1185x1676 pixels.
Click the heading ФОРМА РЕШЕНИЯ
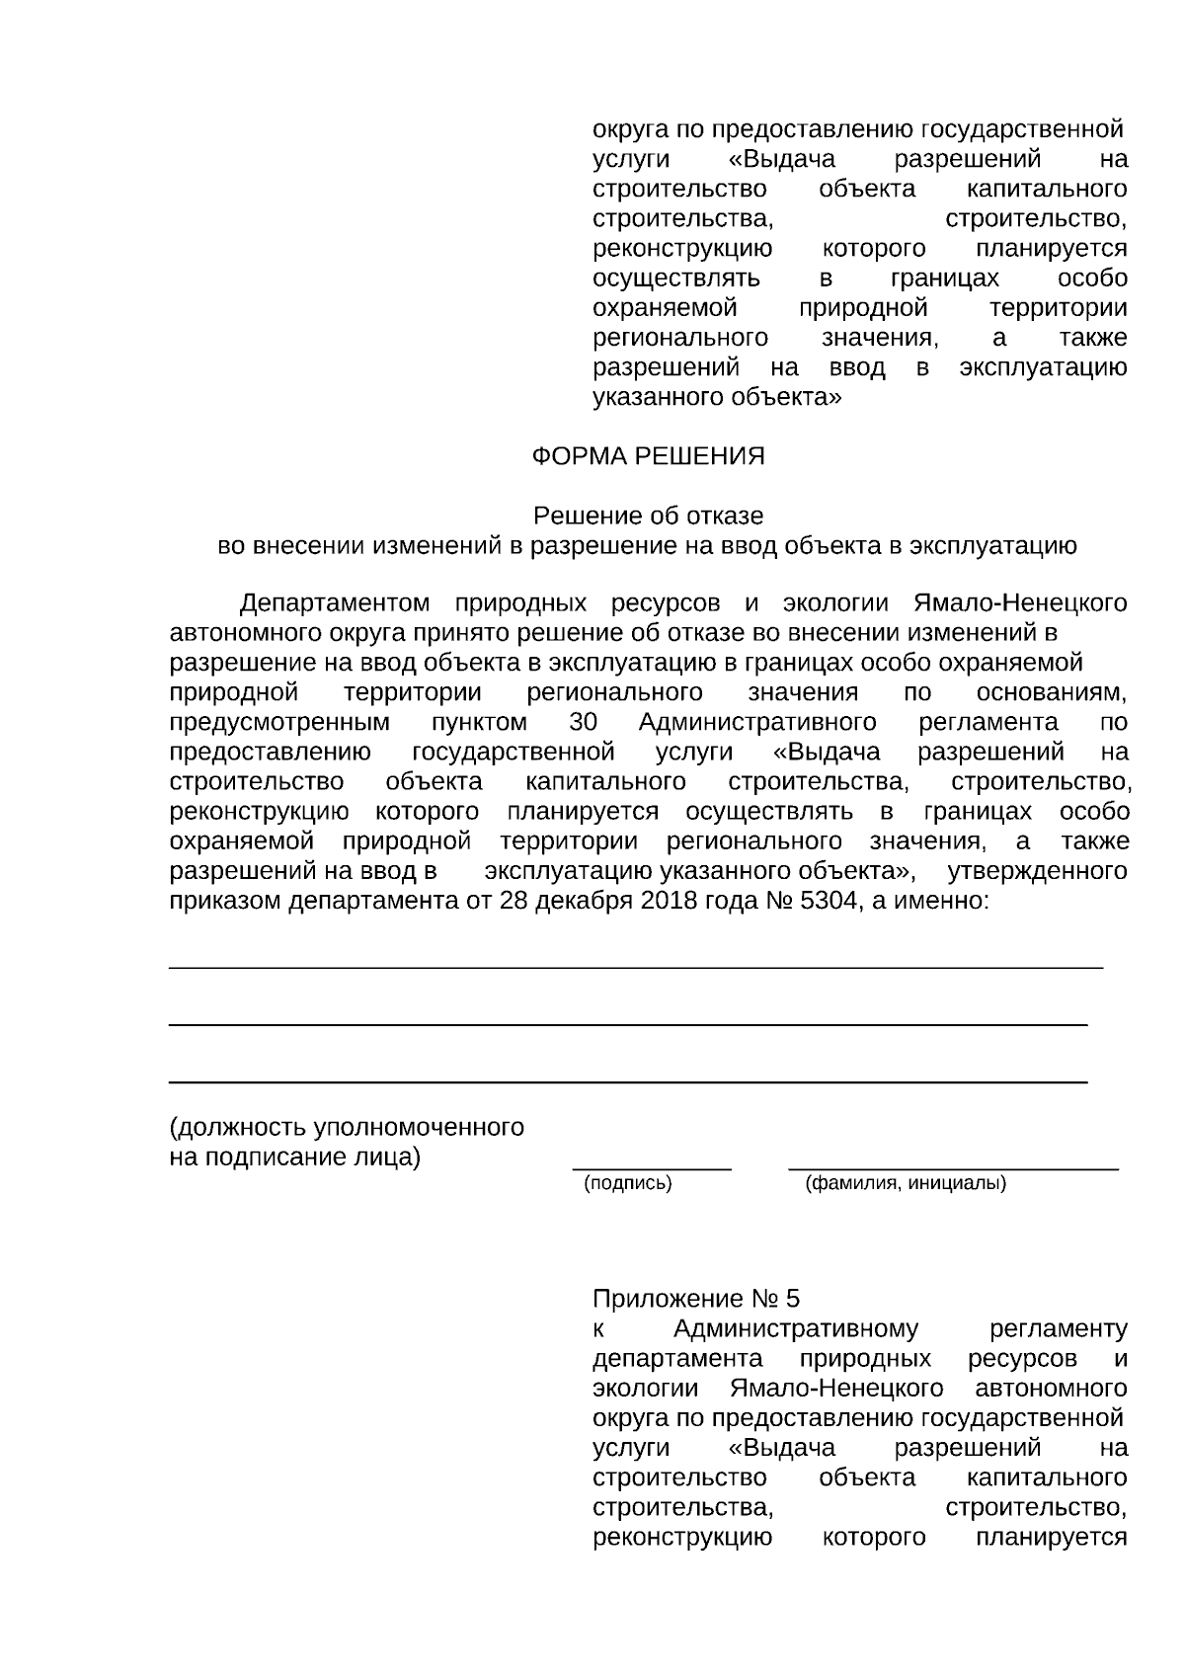coord(648,456)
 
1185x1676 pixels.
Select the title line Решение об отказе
coord(648,516)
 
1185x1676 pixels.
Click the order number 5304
coord(829,901)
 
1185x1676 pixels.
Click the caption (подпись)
coord(628,1183)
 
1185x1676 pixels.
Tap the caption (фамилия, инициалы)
coord(906,1183)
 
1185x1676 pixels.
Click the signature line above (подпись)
coord(652,1169)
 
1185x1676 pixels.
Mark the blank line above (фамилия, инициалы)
coord(953,1169)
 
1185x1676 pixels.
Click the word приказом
coord(225,901)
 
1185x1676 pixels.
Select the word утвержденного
coord(1037,871)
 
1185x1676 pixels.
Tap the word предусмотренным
coord(279,723)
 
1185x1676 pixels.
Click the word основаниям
coord(1051,692)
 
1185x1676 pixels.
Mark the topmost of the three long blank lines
coord(636,967)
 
